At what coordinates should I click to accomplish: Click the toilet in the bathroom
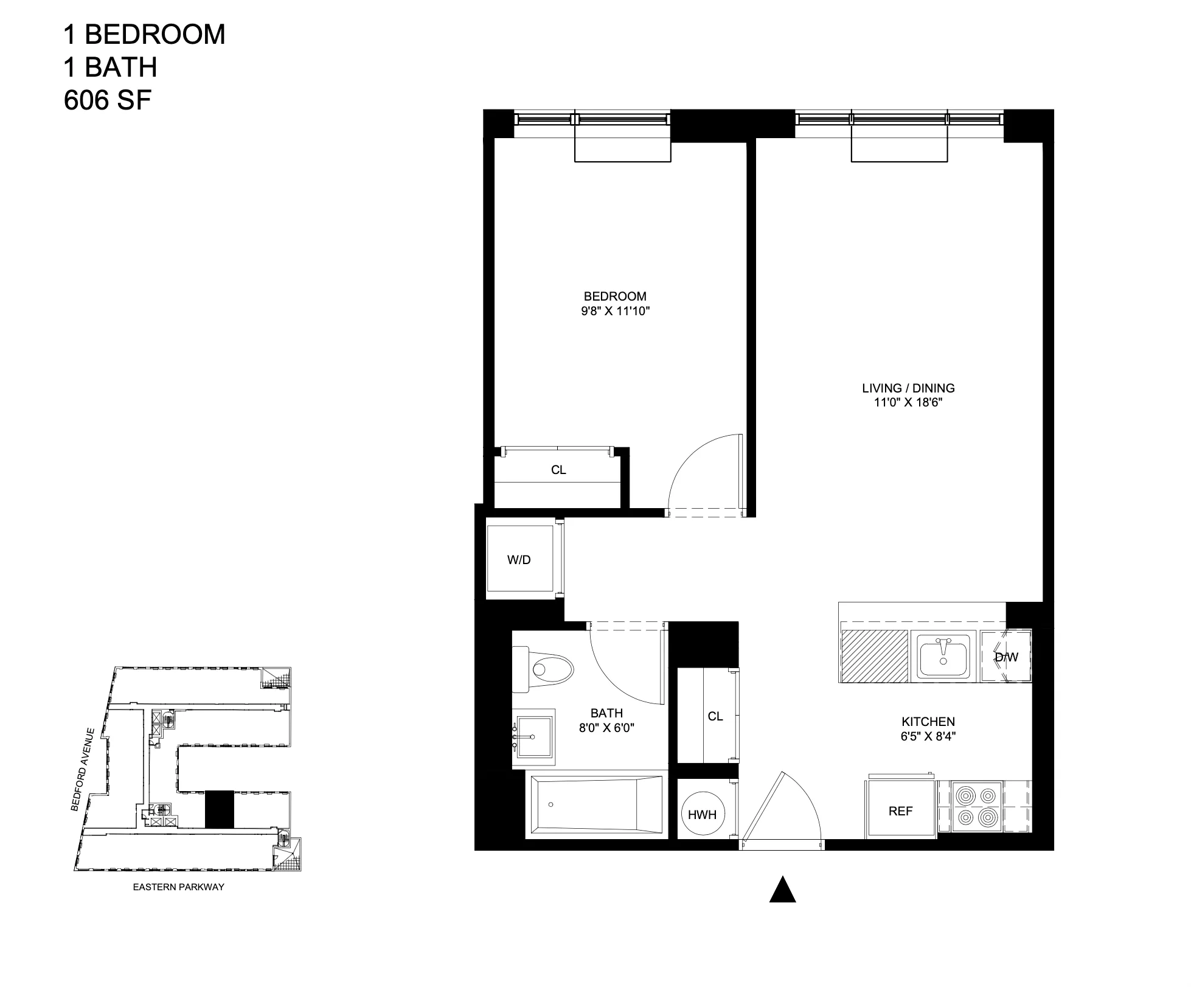545,669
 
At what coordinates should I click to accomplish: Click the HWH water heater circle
702,814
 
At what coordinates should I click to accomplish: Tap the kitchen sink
944,656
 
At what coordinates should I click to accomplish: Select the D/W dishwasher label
1006,657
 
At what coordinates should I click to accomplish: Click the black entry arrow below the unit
782,890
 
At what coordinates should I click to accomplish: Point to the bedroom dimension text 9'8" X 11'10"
615,312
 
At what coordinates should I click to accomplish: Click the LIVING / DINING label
908,388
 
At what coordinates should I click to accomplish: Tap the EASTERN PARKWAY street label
178,887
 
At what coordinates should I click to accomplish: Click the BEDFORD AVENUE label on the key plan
84,769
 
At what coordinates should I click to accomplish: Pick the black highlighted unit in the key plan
219,809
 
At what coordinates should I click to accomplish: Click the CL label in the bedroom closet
558,470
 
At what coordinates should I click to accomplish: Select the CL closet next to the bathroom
715,716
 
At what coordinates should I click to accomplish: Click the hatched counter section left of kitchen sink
874,656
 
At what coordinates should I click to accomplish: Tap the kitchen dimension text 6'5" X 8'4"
928,736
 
